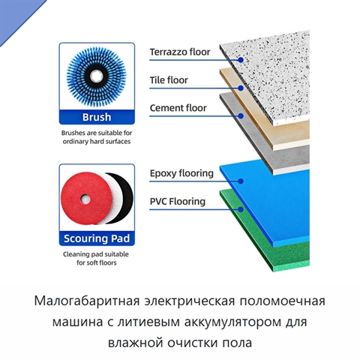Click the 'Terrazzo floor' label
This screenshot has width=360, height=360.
pyautogui.click(x=180, y=52)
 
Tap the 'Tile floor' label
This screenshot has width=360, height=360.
pyautogui.click(x=169, y=80)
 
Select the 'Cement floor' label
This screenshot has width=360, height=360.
pyautogui.click(x=178, y=108)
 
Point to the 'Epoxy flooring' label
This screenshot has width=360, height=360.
pyautogui.click(x=181, y=173)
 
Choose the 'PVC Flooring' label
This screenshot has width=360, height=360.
pyautogui.click(x=178, y=202)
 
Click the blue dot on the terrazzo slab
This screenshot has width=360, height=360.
pyautogui.click(x=241, y=60)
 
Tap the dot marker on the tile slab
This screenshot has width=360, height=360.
pyautogui.click(x=241, y=88)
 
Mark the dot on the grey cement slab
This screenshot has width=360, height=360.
pyautogui.click(x=241, y=116)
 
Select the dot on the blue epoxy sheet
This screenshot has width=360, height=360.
pyautogui.click(x=241, y=181)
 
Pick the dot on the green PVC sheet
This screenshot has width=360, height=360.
pyautogui.click(x=241, y=209)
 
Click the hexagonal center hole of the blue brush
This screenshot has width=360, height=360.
pyautogui.click(x=96, y=76)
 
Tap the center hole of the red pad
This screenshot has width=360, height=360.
pyautogui.click(x=85, y=199)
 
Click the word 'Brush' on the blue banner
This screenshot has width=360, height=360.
pyautogui.click(x=97, y=117)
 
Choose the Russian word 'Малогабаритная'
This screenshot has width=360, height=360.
pyautogui.click(x=87, y=301)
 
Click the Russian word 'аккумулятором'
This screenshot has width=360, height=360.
pyautogui.click(x=233, y=322)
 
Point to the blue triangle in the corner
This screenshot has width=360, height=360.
pyautogui.click(x=15, y=15)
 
